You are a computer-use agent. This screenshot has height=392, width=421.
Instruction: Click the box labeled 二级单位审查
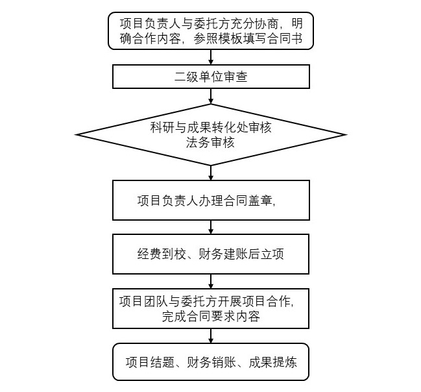point(211,77)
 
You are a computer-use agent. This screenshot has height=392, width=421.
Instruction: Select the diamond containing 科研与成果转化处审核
point(211,134)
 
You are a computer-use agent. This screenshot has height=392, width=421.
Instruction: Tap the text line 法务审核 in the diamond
point(210,142)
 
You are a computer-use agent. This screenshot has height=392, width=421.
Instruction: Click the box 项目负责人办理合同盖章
point(211,200)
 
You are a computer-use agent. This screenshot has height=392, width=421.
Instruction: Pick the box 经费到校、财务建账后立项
point(211,254)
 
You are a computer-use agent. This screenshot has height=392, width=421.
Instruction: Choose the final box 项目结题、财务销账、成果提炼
point(211,361)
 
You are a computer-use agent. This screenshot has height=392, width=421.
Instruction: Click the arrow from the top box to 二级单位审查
point(211,57)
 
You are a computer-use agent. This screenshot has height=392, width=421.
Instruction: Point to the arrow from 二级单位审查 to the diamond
point(211,96)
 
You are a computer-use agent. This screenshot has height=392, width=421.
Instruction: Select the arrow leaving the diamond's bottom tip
point(211,173)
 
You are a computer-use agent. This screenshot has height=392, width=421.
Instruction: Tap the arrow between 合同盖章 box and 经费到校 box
point(211,227)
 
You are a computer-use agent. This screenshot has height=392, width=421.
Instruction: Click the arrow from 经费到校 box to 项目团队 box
point(211,281)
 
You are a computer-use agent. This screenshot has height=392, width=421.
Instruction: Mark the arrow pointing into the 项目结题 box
point(211,336)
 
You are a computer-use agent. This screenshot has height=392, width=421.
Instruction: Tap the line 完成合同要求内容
point(211,317)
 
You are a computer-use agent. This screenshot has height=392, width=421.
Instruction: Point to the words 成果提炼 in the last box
point(273,362)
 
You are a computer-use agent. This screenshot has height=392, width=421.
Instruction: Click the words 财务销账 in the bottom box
point(211,362)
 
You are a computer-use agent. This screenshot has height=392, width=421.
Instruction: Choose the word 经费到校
point(162,254)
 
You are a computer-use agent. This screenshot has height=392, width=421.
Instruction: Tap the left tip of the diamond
point(76,134)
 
